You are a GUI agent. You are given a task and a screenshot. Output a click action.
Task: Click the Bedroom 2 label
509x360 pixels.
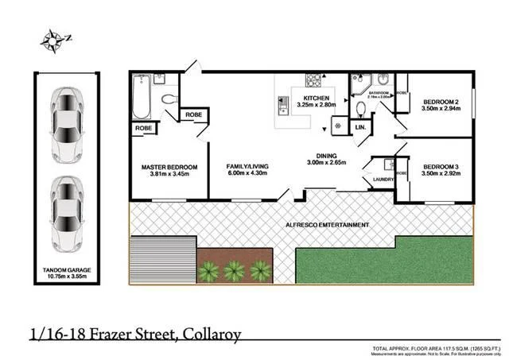pos(442,103)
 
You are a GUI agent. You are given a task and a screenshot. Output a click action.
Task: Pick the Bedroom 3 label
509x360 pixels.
pos(442,166)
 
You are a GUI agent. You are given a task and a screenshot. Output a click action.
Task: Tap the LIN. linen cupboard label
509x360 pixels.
pos(360,127)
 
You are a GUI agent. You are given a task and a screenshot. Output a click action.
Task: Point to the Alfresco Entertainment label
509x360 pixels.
pos(327,226)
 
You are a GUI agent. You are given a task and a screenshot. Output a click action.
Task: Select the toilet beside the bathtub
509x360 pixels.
pos(169,99)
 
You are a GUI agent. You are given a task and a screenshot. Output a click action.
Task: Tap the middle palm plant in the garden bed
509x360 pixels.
pos(234,272)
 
